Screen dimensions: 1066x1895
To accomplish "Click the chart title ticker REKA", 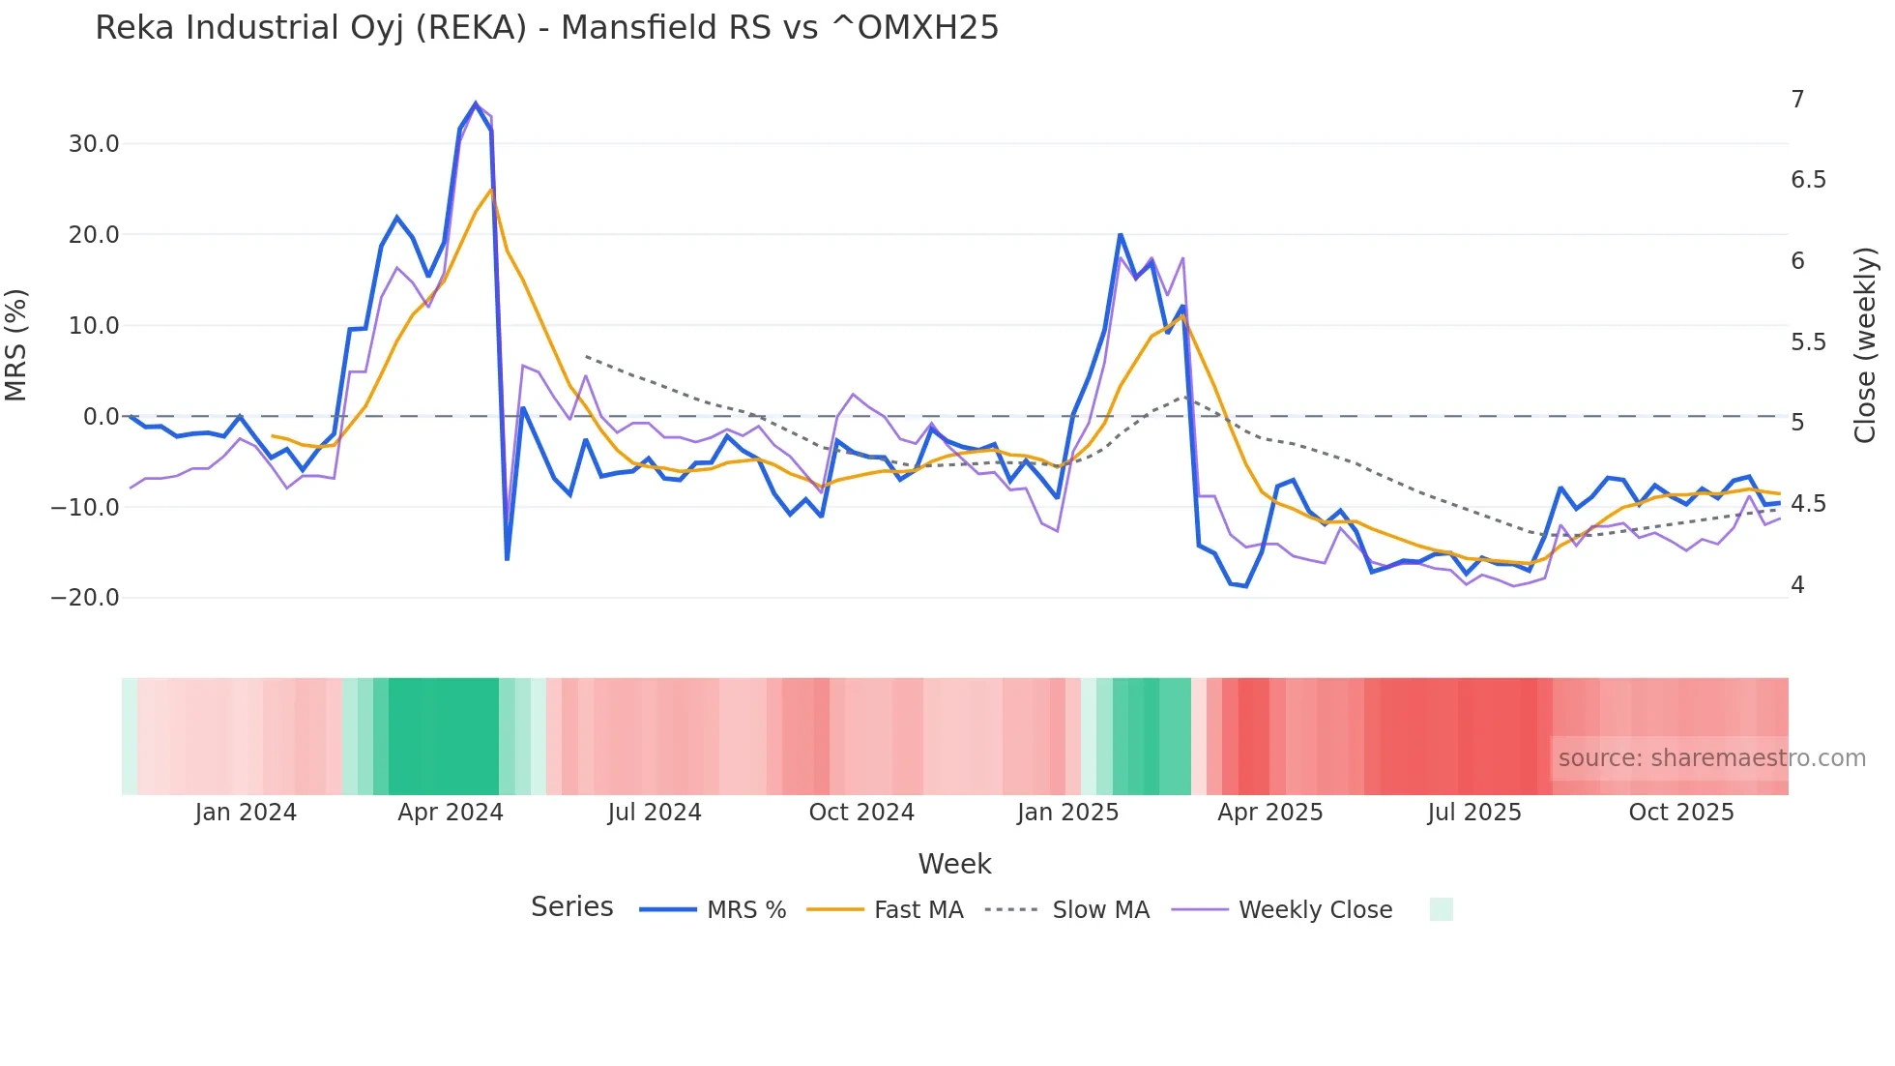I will pos(471,28).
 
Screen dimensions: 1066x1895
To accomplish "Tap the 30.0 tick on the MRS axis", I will pos(94,144).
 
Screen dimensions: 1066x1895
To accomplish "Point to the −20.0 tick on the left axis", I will pos(85,598).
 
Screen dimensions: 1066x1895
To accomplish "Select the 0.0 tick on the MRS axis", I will pos(101,417).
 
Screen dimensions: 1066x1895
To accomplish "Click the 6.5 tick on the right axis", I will pos(1808,180).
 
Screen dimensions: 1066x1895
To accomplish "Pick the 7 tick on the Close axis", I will pos(1797,100).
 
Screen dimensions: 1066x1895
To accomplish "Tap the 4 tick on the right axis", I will pos(1797,585).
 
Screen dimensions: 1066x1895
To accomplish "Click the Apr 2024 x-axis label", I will pos(451,813).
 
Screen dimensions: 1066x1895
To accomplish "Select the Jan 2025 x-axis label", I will pos(1067,813).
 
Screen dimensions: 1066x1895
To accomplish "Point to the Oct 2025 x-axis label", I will pos(1681,813).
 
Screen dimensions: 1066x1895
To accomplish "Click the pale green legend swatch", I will pos(1441,909).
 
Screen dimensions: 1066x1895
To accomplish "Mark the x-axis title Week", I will pos(954,864).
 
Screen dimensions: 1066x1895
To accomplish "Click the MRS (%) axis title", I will pos(16,345).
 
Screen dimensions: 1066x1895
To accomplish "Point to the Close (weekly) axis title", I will pos(1865,345).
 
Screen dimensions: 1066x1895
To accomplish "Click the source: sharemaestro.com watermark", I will pos(1711,758).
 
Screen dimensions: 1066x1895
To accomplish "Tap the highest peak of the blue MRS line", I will pos(475,104).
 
